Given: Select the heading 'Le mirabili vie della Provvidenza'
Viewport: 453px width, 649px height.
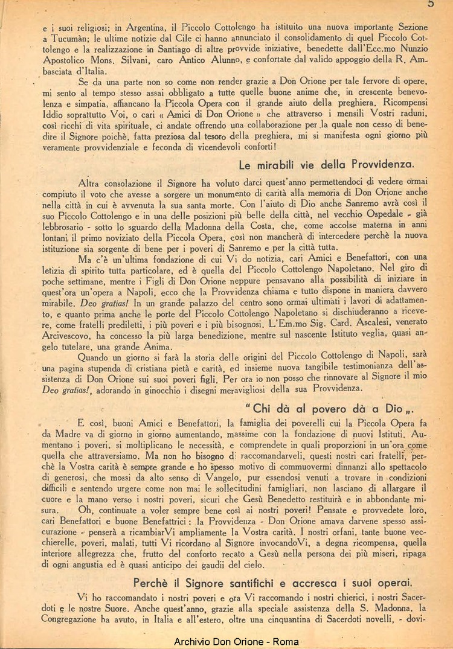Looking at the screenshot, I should coord(326,164).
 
